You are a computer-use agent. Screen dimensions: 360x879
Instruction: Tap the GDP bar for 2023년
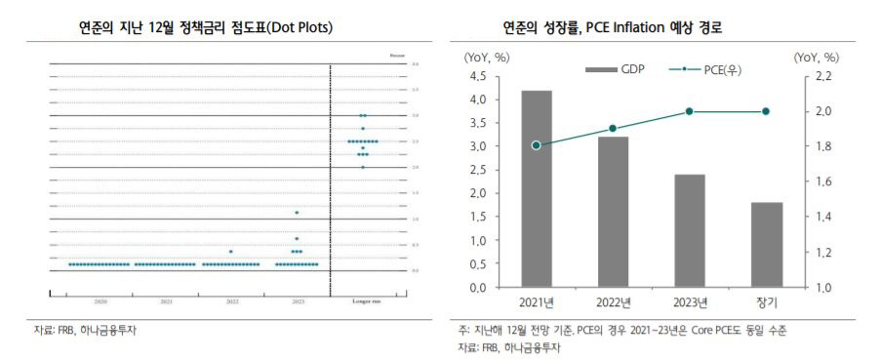tap(689, 231)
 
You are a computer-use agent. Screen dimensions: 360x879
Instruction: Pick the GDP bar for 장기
tap(766, 245)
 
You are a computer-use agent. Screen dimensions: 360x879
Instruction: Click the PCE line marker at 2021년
tap(537, 145)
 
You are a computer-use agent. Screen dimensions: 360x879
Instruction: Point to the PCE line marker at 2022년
tap(613, 129)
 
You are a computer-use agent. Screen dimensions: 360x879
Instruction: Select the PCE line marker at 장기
tap(766, 111)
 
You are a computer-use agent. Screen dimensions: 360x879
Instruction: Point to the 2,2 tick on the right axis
tap(823, 76)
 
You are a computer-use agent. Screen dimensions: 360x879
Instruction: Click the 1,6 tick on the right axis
tap(823, 182)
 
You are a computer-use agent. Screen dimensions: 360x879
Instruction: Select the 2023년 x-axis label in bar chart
tap(689, 301)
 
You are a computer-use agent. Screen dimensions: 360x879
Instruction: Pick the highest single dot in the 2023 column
tap(297, 213)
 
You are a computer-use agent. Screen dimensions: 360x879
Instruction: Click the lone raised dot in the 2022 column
tap(231, 251)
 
